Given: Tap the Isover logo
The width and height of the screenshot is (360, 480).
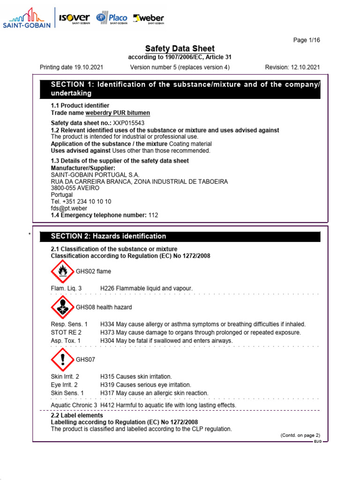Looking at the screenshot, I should pos(74,18).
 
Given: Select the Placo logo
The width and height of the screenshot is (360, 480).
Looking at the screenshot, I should pos(112,18).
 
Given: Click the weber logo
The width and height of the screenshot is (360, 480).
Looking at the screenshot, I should pos(149,18).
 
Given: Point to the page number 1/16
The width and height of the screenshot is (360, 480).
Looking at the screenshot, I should pos(307,40).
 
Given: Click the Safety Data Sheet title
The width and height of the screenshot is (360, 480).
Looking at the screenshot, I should pos(180,49).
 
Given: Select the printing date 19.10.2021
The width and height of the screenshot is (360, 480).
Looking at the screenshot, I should pos(71,67).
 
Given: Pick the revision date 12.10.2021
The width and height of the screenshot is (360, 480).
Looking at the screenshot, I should pos(305,67).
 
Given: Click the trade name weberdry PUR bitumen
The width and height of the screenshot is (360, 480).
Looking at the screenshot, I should pos(118,113).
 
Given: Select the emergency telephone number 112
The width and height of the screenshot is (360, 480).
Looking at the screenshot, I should pos(153,215).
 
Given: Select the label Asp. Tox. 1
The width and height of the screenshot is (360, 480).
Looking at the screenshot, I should pos(66,341).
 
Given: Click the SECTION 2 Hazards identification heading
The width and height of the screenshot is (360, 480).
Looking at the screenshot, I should pos(108,236).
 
